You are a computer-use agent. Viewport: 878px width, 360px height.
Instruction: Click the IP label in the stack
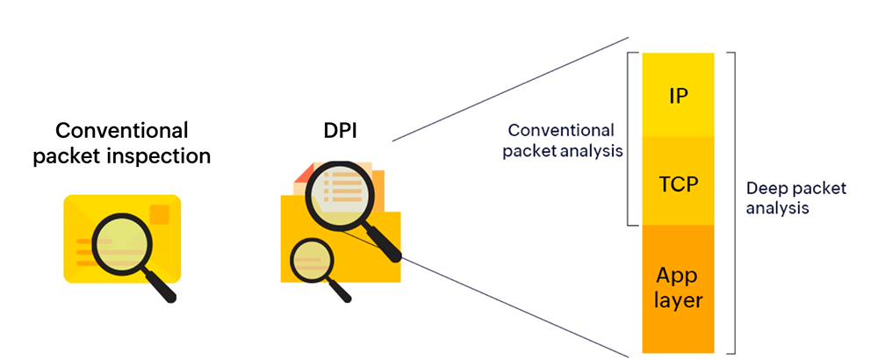pyautogui.click(x=678, y=96)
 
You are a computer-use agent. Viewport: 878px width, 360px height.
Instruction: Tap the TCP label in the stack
pyautogui.click(x=678, y=184)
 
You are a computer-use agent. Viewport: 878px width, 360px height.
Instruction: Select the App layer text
pyautogui.click(x=678, y=288)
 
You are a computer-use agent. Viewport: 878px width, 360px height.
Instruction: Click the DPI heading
pyautogui.click(x=340, y=131)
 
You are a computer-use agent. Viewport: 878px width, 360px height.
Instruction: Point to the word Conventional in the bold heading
pyautogui.click(x=122, y=131)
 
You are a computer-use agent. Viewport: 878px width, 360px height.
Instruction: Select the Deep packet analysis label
pyautogui.click(x=796, y=198)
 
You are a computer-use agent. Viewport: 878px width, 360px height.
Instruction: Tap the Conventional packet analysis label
pyautogui.click(x=562, y=140)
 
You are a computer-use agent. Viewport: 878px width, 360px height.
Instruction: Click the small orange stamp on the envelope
pyautogui.click(x=160, y=214)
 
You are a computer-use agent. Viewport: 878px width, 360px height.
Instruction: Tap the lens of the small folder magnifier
pyautogui.click(x=312, y=261)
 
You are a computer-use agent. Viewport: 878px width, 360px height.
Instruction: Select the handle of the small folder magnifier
pyautogui.click(x=339, y=290)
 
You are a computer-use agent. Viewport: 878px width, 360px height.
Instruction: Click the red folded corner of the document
pyautogui.click(x=302, y=175)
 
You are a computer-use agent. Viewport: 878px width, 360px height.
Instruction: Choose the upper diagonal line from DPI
pyautogui.click(x=510, y=90)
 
